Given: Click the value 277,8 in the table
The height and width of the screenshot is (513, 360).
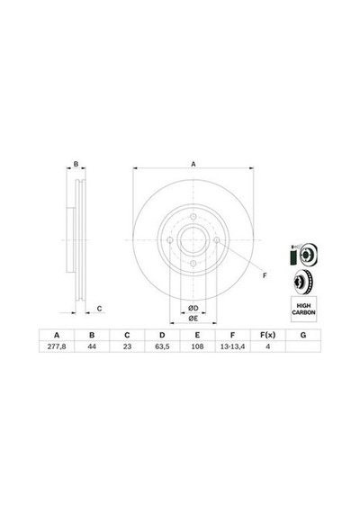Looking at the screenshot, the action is pyautogui.click(x=57, y=346).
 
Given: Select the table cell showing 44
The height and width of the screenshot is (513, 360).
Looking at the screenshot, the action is pyautogui.click(x=92, y=346).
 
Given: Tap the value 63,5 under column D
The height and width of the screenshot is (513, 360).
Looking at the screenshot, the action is pyautogui.click(x=162, y=346).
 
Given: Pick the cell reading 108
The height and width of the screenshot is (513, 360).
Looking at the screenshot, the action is pyautogui.click(x=197, y=346).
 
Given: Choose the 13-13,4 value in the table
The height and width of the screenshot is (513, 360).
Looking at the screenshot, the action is pyautogui.click(x=233, y=346).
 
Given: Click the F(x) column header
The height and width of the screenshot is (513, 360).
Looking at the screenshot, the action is pyautogui.click(x=267, y=335).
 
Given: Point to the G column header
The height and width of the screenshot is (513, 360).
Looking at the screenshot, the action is pyautogui.click(x=303, y=335).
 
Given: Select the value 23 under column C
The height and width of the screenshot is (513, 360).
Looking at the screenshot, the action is pyautogui.click(x=127, y=346).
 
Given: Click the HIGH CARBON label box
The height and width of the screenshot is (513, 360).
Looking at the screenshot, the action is pyautogui.click(x=303, y=310).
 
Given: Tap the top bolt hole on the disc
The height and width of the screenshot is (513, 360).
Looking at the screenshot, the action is pyautogui.click(x=193, y=217).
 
